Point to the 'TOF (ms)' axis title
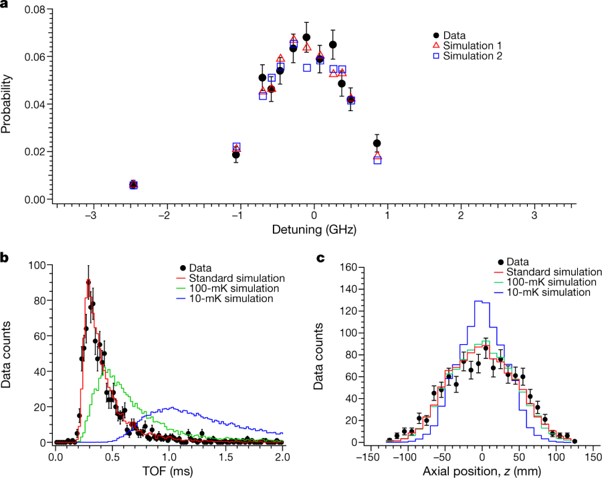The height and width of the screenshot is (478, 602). click(x=170, y=471)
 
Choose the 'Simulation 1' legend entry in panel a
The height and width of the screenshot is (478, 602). click(x=472, y=46)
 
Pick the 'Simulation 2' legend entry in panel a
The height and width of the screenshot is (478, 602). click(x=472, y=56)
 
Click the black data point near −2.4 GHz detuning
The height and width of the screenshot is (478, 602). click(x=133, y=184)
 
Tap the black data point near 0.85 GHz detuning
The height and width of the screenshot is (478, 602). click(x=377, y=143)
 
